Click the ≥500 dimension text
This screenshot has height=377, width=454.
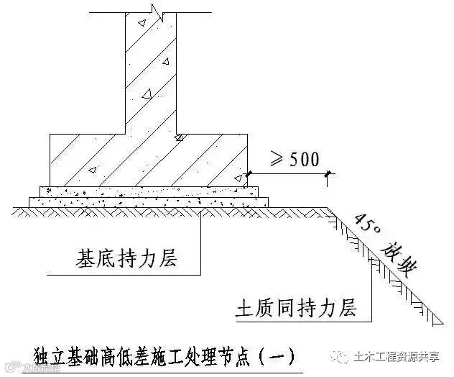coord(293,159)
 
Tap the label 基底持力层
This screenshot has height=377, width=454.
coord(126,258)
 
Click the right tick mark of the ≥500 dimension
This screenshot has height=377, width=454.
coord(328,173)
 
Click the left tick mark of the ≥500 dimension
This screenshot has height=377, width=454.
coord(249,173)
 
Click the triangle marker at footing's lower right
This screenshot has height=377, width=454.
coord(240,177)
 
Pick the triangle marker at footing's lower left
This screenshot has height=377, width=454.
coord(92,171)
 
